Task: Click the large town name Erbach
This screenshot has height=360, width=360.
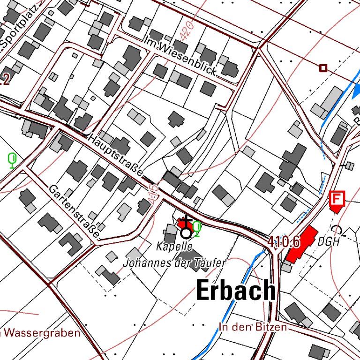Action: (x=236, y=290)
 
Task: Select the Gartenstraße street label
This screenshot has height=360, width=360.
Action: (x=75, y=210)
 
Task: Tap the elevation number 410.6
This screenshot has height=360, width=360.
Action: (x=284, y=242)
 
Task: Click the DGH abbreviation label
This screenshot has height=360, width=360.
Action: (x=328, y=242)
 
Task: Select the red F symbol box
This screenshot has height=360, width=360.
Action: (x=336, y=198)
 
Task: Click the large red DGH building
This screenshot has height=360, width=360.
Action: (x=300, y=244)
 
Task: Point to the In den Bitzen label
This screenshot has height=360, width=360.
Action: (x=252, y=327)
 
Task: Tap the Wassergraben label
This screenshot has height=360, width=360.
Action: (x=41, y=334)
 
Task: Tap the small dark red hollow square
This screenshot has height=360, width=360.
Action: (x=323, y=68)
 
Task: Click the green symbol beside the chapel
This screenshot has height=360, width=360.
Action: (x=197, y=228)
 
